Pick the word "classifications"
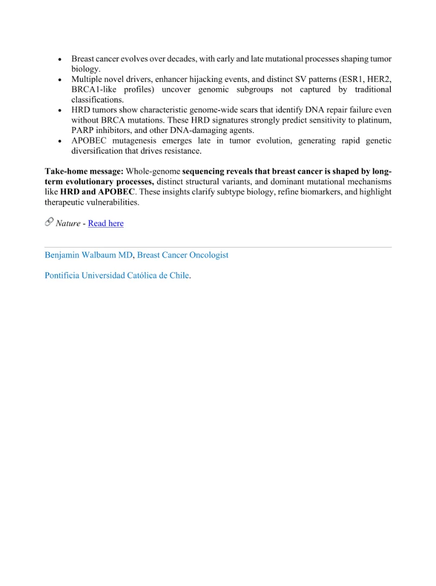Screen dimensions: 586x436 tap(97, 100)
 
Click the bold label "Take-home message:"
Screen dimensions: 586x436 tap(84, 172)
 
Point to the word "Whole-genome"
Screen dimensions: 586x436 tap(153, 172)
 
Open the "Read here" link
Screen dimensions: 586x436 tap(106, 223)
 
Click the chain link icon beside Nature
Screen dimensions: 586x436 tap(49, 222)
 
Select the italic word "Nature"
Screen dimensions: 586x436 tap(68, 223)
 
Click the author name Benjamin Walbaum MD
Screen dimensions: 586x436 tap(88, 255)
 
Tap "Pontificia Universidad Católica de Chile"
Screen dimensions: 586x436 tap(117, 275)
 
